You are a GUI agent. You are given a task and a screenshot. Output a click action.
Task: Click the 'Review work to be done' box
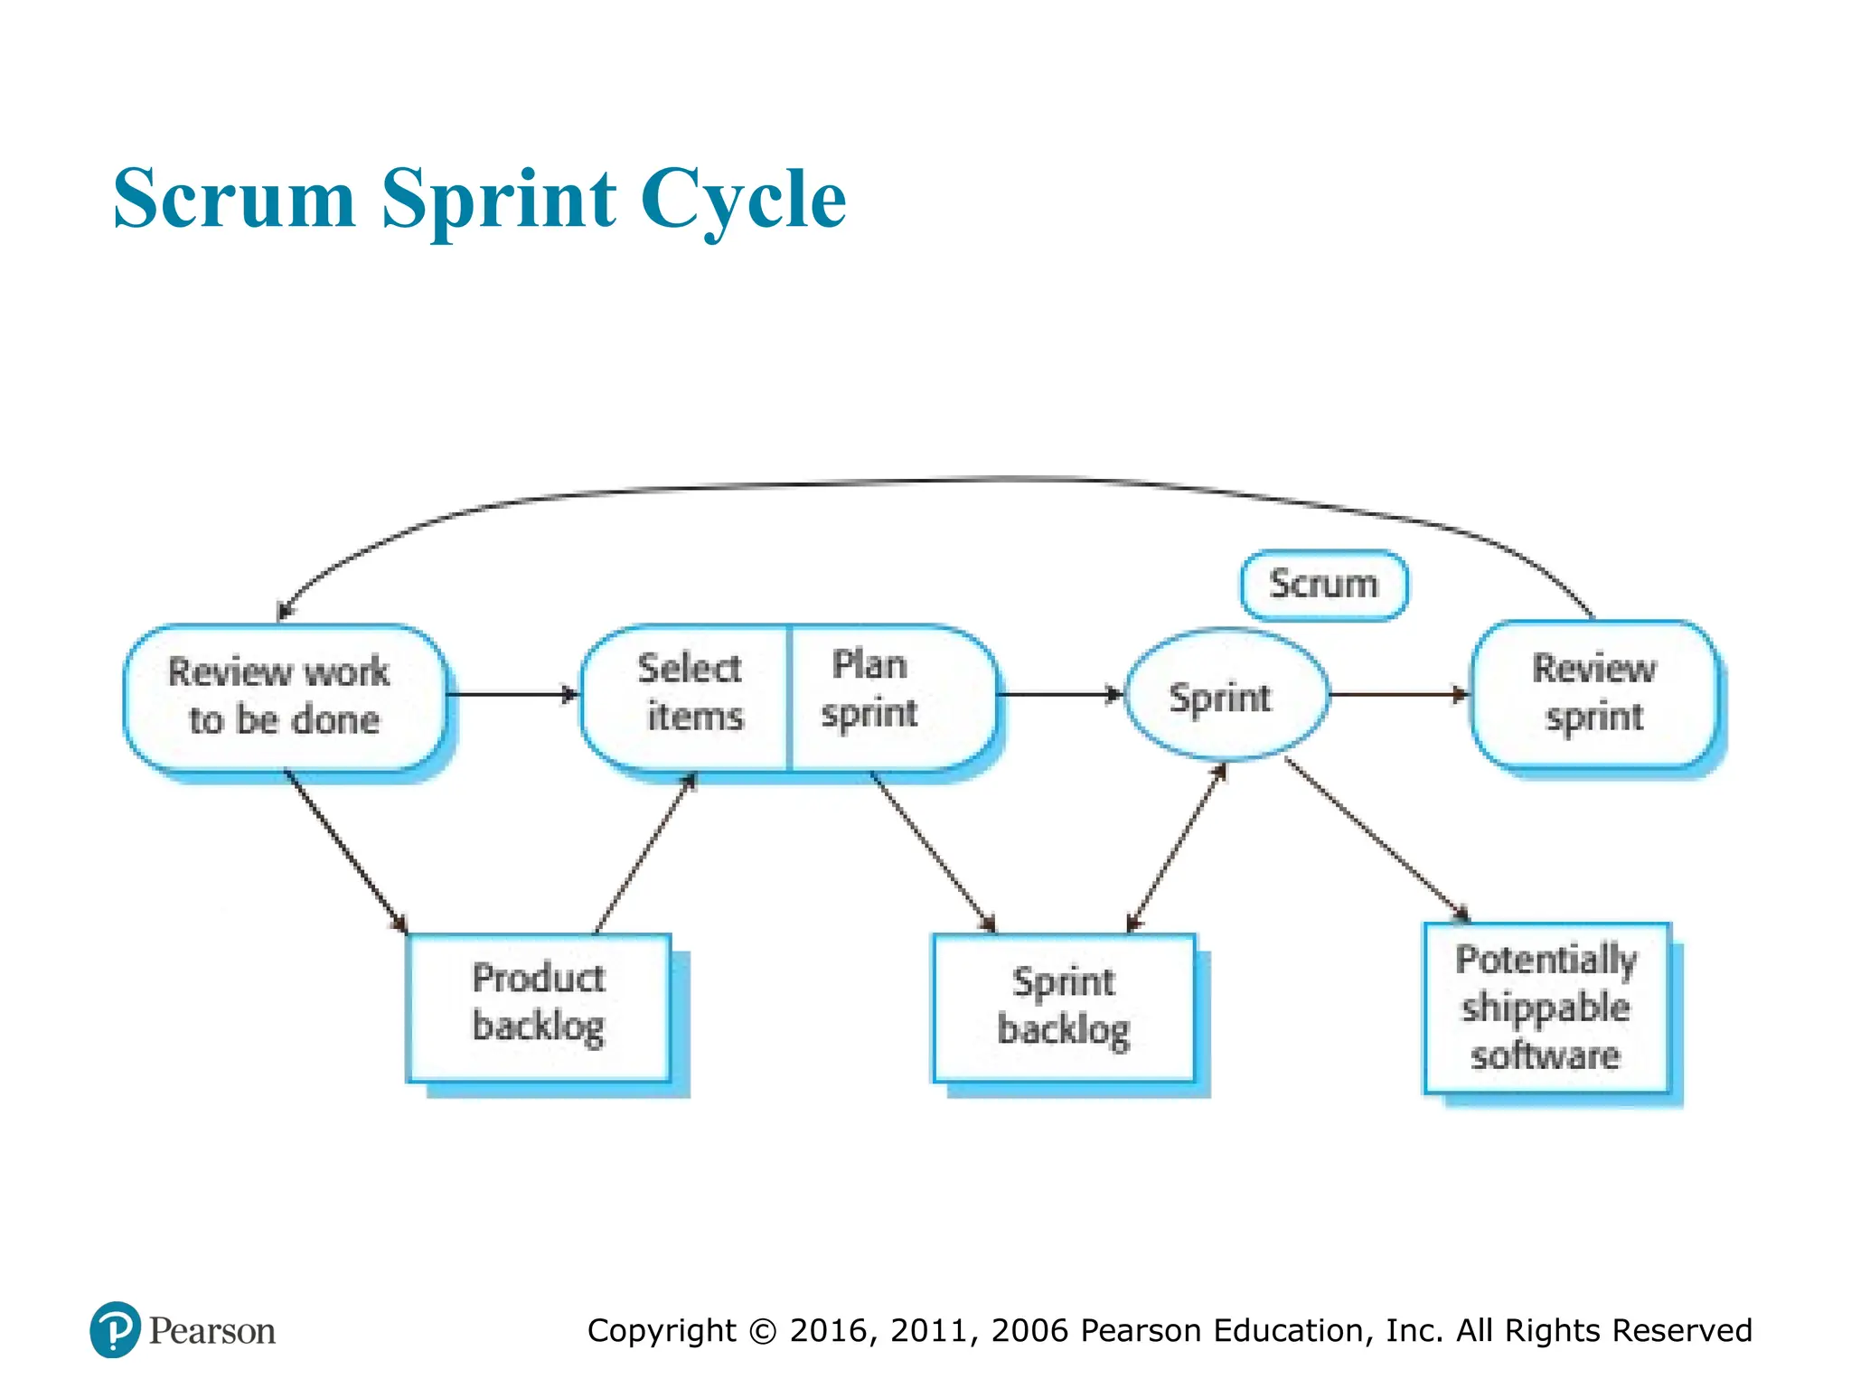click(284, 697)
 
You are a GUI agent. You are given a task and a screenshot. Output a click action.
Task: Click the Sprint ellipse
click(1226, 696)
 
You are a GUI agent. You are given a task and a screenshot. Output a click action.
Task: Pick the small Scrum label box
click(1323, 586)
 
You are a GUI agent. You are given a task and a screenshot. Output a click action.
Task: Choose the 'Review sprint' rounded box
click(1595, 694)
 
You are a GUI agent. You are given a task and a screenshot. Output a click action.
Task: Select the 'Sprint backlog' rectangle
click(1065, 1008)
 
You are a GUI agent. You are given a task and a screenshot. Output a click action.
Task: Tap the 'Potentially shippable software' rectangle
click(1546, 1008)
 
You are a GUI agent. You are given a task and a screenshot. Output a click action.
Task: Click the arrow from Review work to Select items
click(512, 694)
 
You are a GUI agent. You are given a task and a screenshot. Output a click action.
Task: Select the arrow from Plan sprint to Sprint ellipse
click(1057, 694)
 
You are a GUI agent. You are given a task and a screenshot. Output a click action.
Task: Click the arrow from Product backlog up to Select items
click(644, 855)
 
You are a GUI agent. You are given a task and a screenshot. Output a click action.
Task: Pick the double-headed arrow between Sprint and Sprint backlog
click(1177, 848)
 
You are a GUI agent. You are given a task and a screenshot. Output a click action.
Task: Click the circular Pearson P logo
click(115, 1329)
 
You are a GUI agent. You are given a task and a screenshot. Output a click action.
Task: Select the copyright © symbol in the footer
click(764, 1331)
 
